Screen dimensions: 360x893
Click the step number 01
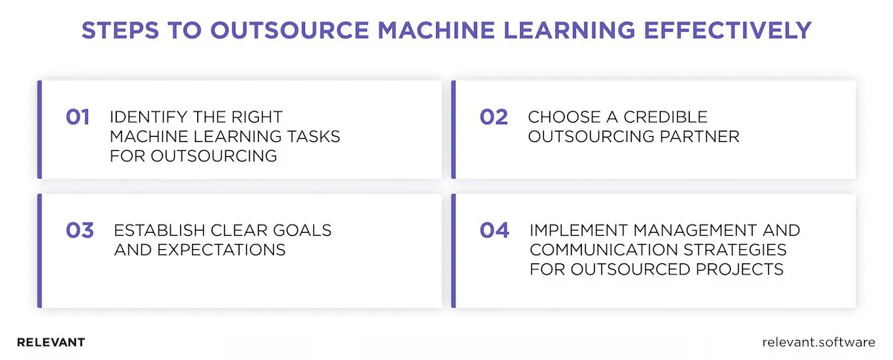tap(77, 117)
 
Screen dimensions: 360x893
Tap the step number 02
tap(493, 117)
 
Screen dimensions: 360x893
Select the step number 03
tap(80, 230)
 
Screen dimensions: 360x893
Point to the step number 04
tap(494, 230)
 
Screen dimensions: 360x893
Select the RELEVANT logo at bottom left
tap(51, 343)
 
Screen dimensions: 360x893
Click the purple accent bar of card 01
tap(39, 129)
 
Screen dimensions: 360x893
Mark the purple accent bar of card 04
tap(453, 251)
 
